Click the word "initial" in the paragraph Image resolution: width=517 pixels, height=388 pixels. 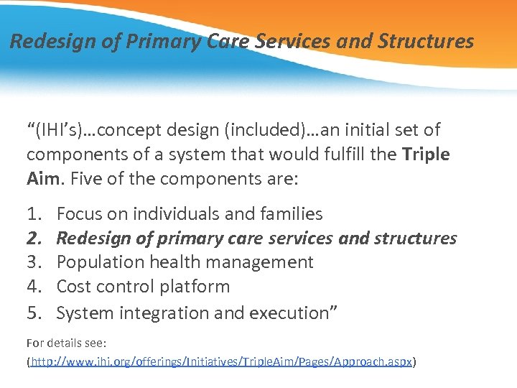[354, 130]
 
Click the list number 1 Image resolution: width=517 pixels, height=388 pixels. [34, 213]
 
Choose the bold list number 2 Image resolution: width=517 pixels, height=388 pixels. [34, 238]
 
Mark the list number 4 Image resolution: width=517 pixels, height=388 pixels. [34, 287]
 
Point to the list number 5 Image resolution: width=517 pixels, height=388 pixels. [34, 313]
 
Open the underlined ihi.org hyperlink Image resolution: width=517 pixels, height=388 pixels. [221, 362]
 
